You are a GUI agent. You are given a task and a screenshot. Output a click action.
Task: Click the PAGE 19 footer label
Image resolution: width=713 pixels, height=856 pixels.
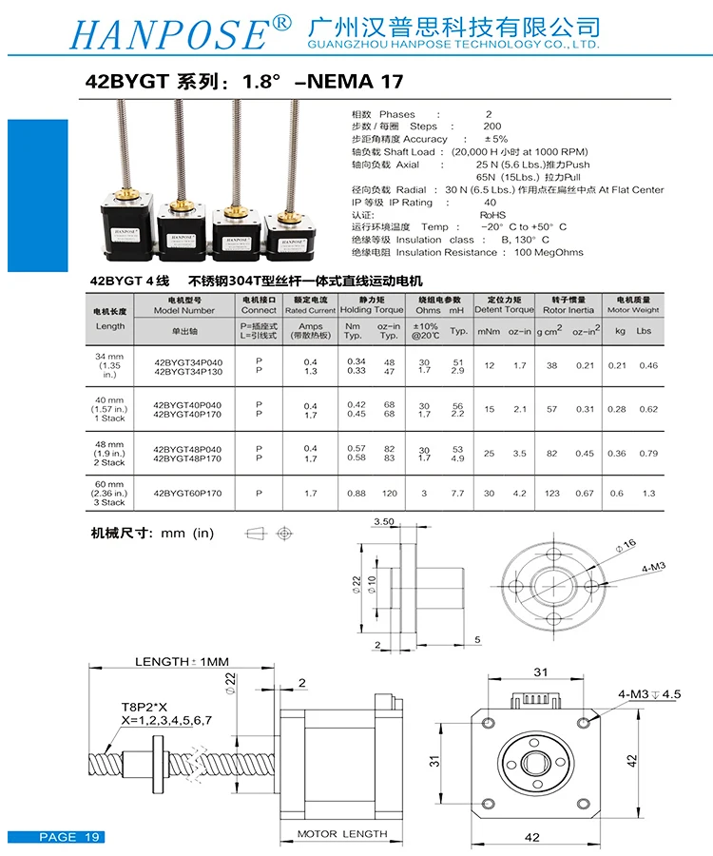[x=69, y=837]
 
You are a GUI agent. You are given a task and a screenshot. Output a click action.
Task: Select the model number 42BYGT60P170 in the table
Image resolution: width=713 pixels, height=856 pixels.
[x=187, y=494]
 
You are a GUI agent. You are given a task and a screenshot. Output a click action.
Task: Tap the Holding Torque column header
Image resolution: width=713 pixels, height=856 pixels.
[x=372, y=309]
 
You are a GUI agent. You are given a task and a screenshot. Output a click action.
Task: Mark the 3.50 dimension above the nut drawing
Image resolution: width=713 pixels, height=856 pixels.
[x=384, y=522]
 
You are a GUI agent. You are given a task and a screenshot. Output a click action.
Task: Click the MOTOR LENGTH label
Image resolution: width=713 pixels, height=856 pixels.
[x=342, y=834]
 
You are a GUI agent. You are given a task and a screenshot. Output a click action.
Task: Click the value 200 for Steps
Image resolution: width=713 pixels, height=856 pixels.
[x=491, y=126]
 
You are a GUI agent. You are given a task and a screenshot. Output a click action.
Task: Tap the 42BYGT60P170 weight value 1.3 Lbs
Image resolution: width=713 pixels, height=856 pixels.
[x=648, y=494]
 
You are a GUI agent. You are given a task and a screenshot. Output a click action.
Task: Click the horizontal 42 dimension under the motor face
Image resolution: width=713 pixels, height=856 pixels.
[x=532, y=837]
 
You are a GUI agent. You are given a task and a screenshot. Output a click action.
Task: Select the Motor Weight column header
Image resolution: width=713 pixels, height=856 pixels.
[x=632, y=309]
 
